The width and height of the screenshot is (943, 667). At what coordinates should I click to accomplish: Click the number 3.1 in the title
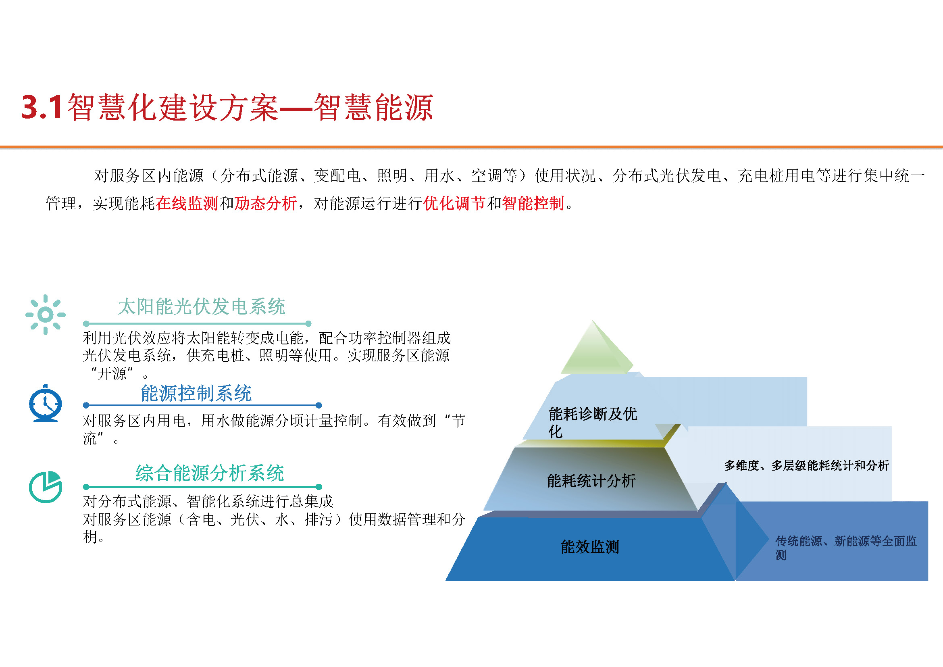click(x=42, y=107)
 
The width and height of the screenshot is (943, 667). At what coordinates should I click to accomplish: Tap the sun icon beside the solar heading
click(x=45, y=315)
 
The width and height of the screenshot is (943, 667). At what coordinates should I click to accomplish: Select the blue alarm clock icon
click(x=45, y=403)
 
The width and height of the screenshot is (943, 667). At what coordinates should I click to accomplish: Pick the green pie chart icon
click(x=45, y=487)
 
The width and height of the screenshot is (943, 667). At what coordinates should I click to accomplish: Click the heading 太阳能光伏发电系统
click(x=202, y=306)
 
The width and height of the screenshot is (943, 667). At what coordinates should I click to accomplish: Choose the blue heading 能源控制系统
click(x=196, y=393)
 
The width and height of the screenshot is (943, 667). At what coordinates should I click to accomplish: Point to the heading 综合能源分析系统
click(x=210, y=473)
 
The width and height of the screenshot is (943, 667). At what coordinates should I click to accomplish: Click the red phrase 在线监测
click(x=187, y=203)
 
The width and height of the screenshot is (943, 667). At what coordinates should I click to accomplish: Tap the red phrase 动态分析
click(x=265, y=203)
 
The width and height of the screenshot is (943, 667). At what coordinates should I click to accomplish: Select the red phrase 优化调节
click(x=454, y=203)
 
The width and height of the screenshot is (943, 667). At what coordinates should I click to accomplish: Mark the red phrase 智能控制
click(x=533, y=203)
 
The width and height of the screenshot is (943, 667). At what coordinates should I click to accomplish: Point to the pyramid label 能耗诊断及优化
click(x=593, y=423)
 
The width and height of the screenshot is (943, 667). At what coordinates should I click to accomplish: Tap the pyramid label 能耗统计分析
click(x=591, y=481)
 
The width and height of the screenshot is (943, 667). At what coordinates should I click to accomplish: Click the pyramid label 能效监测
click(x=590, y=547)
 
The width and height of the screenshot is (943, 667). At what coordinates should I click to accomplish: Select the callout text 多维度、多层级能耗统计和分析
click(x=807, y=465)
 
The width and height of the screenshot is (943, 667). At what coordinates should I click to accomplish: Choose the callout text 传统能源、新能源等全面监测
click(x=846, y=548)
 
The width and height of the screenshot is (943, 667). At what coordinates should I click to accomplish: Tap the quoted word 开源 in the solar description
click(x=112, y=373)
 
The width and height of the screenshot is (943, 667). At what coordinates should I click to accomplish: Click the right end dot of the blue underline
click(x=319, y=405)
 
